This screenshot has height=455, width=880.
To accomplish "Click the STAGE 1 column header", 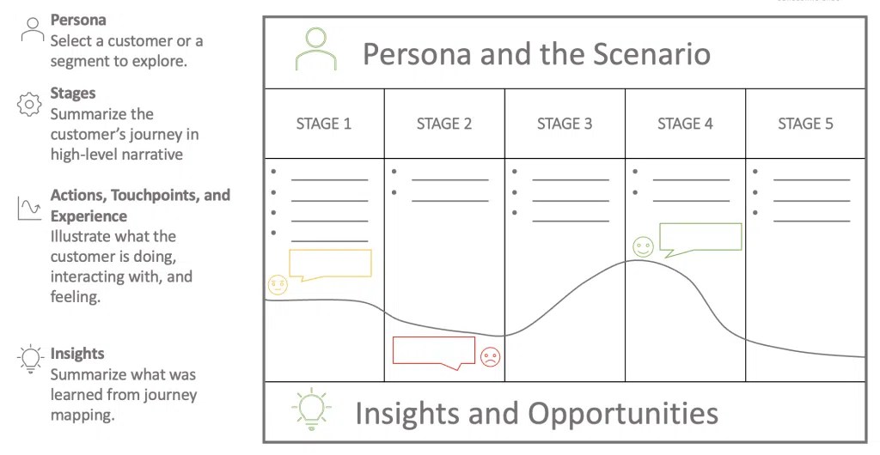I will (324, 124).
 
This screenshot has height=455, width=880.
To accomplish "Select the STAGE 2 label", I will (444, 124).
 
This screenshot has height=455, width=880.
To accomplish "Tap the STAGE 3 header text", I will (565, 124).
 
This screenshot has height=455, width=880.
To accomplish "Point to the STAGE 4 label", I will (685, 124).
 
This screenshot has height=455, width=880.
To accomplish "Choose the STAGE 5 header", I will (805, 124).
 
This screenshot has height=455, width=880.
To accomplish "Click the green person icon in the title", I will (315, 49).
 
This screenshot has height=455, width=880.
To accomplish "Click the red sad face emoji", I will (490, 357).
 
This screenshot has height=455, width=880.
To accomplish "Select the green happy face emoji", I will (643, 247).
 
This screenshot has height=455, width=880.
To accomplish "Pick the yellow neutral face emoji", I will (278, 285).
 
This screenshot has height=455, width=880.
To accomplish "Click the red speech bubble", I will (434, 351).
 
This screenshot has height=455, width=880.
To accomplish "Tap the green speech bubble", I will (700, 238).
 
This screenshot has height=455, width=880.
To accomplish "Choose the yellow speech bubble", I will (330, 264).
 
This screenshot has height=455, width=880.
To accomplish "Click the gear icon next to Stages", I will (29, 104).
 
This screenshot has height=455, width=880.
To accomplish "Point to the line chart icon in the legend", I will (30, 208).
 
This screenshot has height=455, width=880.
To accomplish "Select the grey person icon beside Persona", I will (32, 29).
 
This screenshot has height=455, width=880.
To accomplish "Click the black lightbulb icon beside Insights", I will (30, 359).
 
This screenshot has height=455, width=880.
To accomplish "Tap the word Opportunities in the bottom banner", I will (622, 413).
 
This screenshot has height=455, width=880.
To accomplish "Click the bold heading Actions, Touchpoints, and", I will (140, 196).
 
